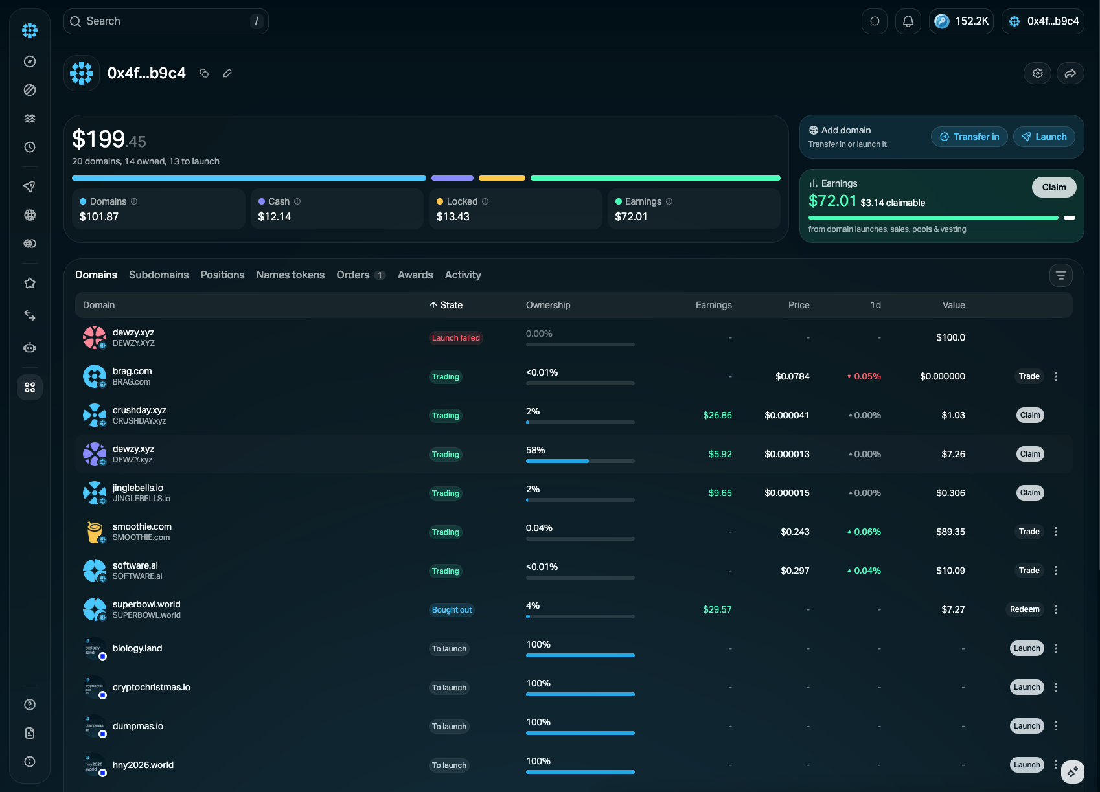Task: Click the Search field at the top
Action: pos(165,21)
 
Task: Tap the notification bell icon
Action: pos(908,21)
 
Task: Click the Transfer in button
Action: pos(969,137)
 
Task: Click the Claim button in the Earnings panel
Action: pos(1054,187)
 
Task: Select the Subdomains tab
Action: pos(159,275)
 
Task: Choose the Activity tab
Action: pos(463,275)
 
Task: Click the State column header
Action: pos(446,305)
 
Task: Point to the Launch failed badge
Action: pos(455,338)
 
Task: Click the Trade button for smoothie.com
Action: pos(1029,531)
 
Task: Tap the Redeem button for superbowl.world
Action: pos(1024,609)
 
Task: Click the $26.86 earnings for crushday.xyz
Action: pos(717,415)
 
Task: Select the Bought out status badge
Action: pos(452,610)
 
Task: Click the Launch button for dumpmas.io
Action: pos(1027,726)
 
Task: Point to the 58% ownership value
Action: pos(535,450)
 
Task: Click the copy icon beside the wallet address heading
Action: pos(204,73)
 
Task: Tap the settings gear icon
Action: pos(1037,73)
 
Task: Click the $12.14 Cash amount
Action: pos(275,216)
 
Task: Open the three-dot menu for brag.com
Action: pos(1056,376)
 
